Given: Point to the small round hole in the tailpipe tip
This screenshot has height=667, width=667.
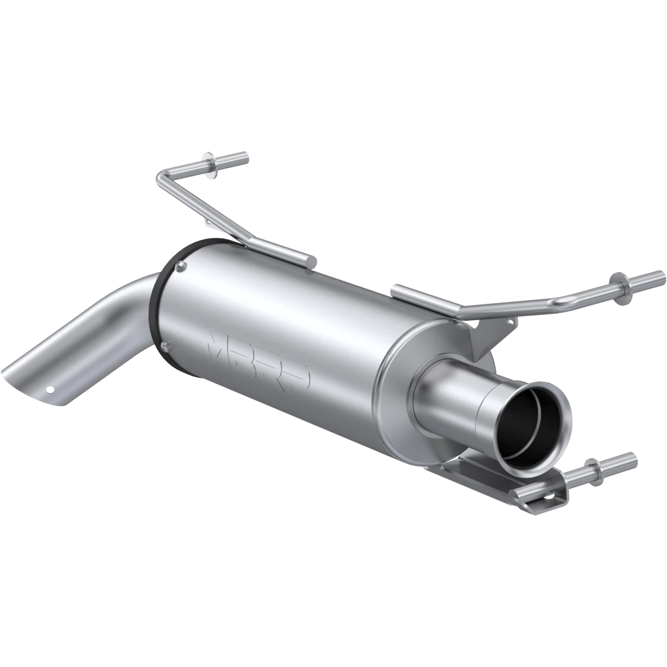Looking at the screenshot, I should pyautogui.click(x=51, y=390).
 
